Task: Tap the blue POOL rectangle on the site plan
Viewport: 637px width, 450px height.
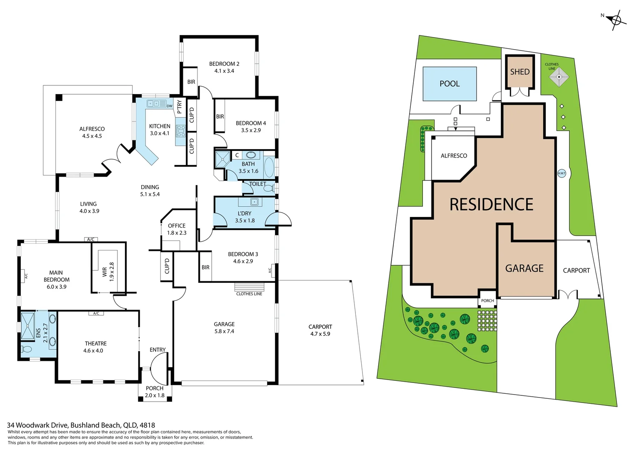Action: pyautogui.click(x=450, y=84)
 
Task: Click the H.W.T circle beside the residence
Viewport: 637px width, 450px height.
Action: pyautogui.click(x=562, y=173)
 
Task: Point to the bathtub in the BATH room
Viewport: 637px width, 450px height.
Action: pyautogui.click(x=269, y=167)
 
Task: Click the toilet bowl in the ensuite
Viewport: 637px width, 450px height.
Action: pyautogui.click(x=26, y=349)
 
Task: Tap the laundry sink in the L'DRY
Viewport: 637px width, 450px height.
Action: pyautogui.click(x=254, y=202)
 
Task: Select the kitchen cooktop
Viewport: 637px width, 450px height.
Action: pyautogui.click(x=181, y=131)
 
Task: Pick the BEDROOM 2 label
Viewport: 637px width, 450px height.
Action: pyautogui.click(x=224, y=64)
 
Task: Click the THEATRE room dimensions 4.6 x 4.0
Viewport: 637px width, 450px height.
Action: pyautogui.click(x=93, y=351)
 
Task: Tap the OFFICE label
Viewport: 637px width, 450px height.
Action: pyautogui.click(x=177, y=226)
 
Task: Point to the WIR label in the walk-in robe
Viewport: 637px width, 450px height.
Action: pyautogui.click(x=105, y=272)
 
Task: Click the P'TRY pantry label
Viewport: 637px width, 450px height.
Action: pyautogui.click(x=180, y=107)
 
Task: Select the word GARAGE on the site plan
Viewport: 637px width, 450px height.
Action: pyautogui.click(x=524, y=269)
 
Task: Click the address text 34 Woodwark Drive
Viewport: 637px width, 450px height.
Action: pyautogui.click(x=38, y=425)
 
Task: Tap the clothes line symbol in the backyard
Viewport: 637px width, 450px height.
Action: pyautogui.click(x=558, y=77)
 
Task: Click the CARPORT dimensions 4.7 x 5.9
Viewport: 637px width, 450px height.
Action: pyautogui.click(x=320, y=334)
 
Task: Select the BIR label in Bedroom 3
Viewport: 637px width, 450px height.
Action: pyautogui.click(x=205, y=267)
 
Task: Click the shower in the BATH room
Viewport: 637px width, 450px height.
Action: pyautogui.click(x=222, y=159)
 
